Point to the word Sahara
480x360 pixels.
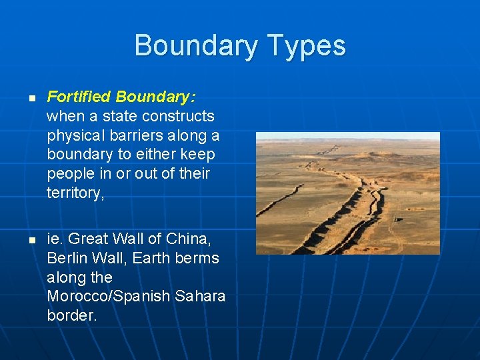[x=199, y=296]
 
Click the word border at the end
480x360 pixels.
[x=71, y=315]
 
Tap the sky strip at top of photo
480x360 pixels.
[x=347, y=135]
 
